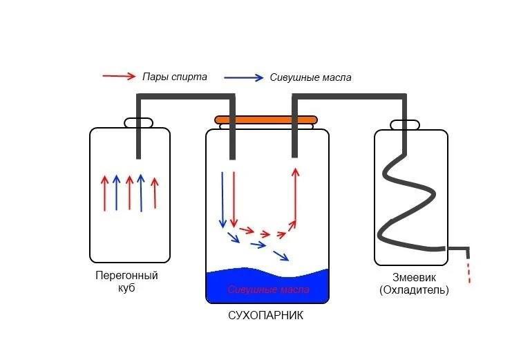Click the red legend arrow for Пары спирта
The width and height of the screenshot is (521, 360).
[x=118, y=76]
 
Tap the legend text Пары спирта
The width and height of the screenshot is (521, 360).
[x=174, y=77]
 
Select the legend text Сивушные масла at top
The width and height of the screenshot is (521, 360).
[x=311, y=77]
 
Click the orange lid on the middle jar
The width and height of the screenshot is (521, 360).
[x=266, y=120]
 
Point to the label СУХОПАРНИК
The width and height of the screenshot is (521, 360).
[x=266, y=316]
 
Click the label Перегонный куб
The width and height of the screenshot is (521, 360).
[x=127, y=281]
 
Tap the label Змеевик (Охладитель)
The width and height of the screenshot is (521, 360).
[x=414, y=284]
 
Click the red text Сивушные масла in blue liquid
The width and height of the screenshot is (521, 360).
[x=268, y=290]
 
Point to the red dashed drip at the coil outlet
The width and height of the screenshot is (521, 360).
[x=470, y=272]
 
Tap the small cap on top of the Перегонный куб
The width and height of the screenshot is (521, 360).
[x=139, y=123]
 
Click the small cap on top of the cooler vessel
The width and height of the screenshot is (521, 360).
[x=404, y=125]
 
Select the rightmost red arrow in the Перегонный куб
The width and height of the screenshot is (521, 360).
[x=154, y=193]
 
